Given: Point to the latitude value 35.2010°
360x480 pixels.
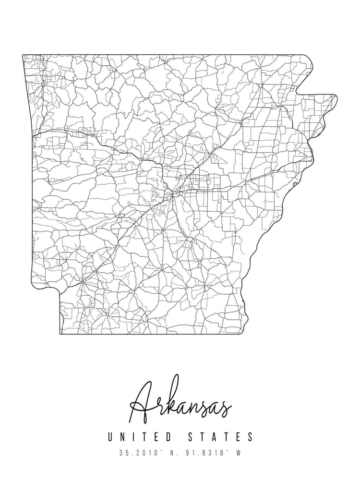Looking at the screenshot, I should [136, 453].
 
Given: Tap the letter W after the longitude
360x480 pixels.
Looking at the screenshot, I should [238, 453].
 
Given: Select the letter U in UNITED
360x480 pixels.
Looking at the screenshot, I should [111, 437].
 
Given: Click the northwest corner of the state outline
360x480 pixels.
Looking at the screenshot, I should [23, 55].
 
